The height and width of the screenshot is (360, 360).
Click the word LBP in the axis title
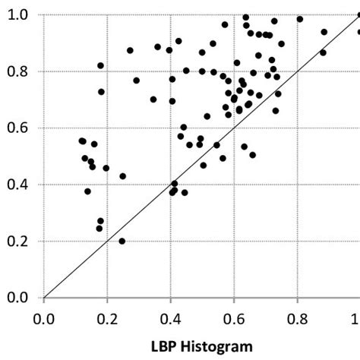[166, 346]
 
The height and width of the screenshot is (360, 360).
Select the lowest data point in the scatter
[122, 242]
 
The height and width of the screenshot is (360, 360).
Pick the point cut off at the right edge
[358, 32]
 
